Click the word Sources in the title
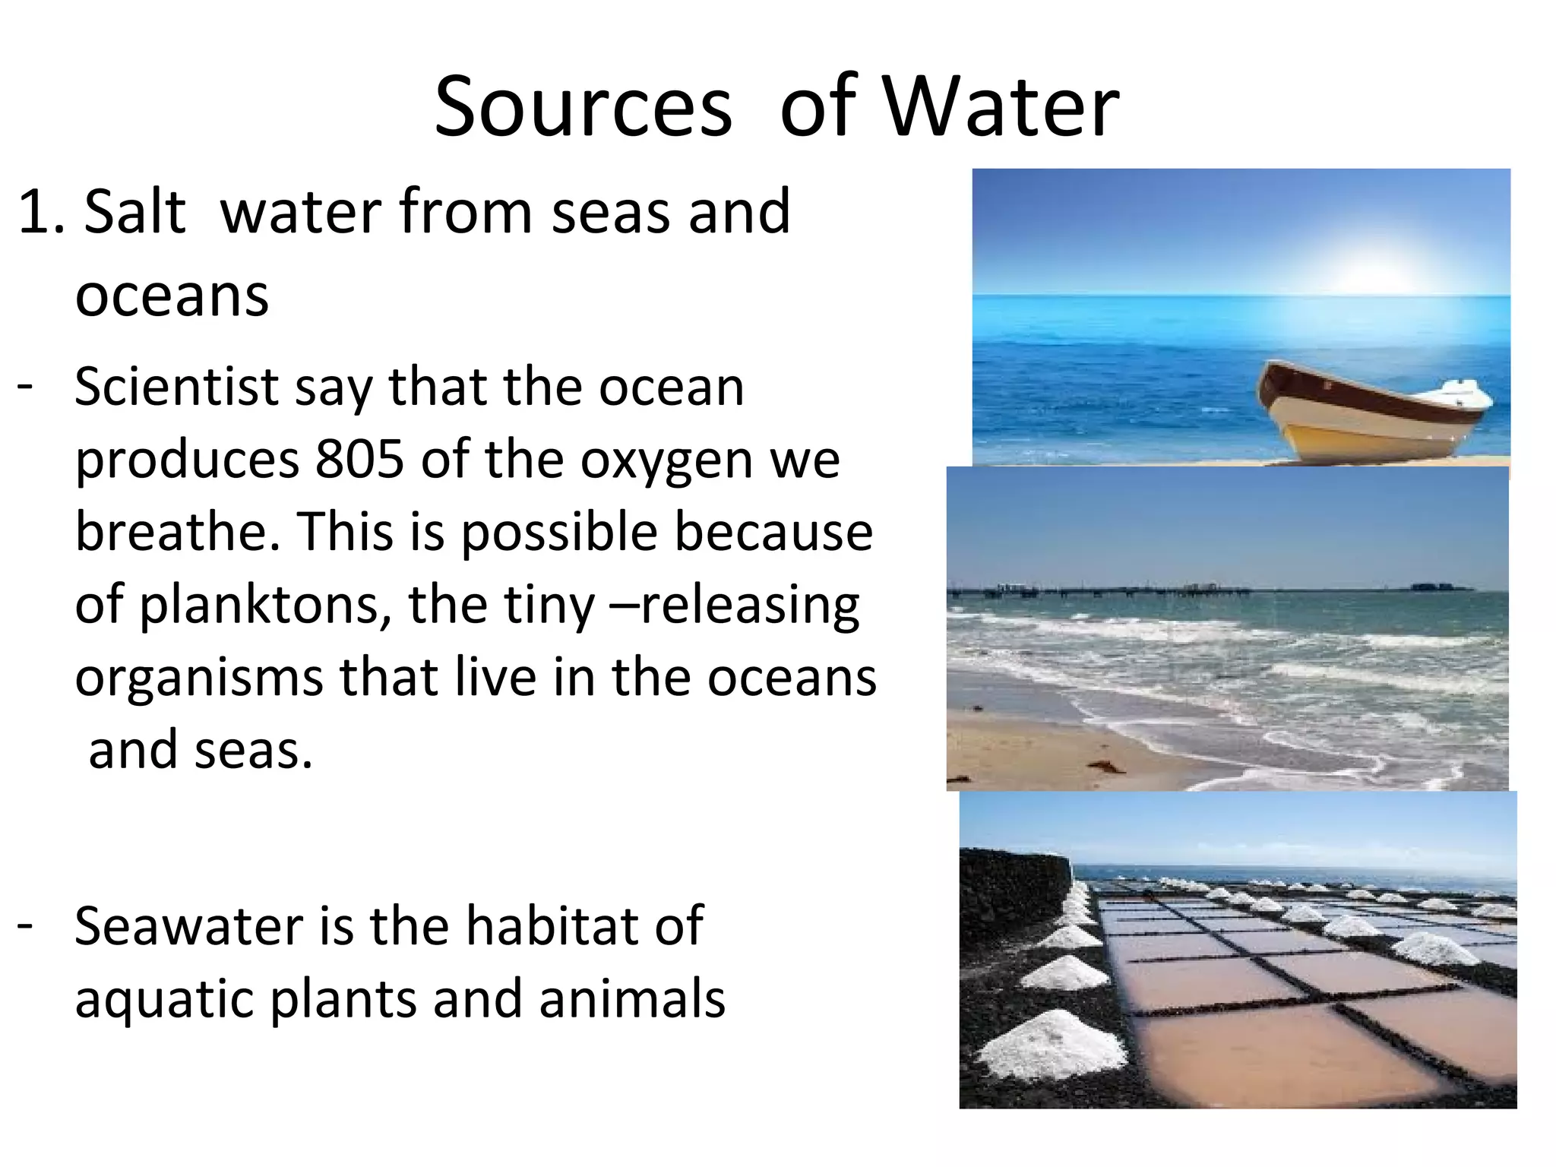(x=583, y=108)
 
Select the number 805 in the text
(x=359, y=459)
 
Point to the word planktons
(x=266, y=605)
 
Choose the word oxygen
(x=666, y=460)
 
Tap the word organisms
(x=199, y=677)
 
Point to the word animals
(x=632, y=998)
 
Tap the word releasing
(x=749, y=606)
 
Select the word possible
(x=559, y=532)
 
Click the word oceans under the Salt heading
(x=172, y=295)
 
